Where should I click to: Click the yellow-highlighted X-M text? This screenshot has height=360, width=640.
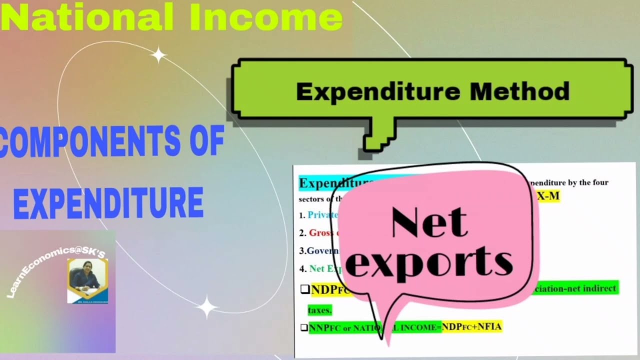(x=548, y=196)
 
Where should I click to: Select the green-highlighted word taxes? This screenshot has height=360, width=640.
(x=319, y=310)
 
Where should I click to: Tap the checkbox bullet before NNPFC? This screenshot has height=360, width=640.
(x=304, y=328)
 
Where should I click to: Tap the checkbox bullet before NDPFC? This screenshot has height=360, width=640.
(x=304, y=289)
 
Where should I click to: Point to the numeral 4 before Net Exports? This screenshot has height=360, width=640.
(x=302, y=268)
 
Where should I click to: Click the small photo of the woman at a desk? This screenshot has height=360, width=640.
(x=87, y=280)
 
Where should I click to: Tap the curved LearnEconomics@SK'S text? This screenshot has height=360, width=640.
(x=55, y=270)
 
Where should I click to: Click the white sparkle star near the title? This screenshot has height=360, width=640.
(x=158, y=55)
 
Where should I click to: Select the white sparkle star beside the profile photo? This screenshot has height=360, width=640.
(x=207, y=306)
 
